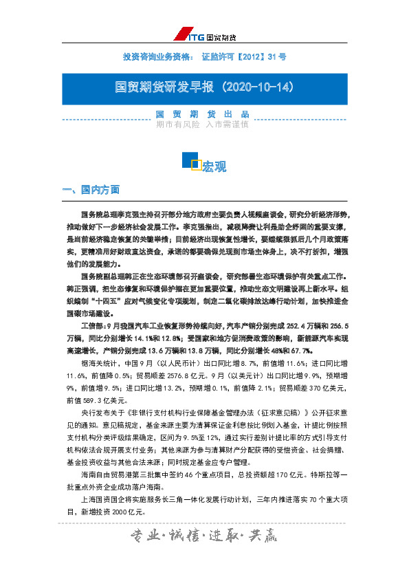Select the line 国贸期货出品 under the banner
pyautogui.click(x=202, y=114)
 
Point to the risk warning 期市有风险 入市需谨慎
pyautogui.click(x=202, y=124)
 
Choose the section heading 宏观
pyautogui.click(x=214, y=166)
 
